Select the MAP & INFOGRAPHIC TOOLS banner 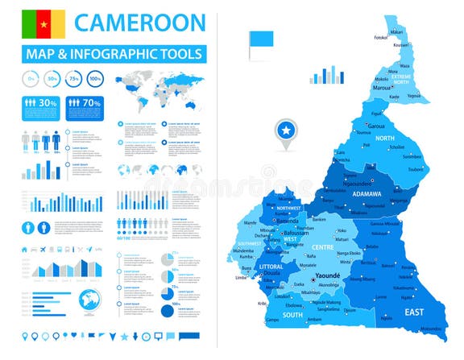click(x=114, y=54)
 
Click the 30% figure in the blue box click(x=48, y=103)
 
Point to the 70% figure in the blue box click(x=90, y=103)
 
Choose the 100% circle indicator click(x=95, y=79)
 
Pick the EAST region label click(x=414, y=312)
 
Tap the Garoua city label click(x=376, y=126)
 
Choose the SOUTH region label click(x=292, y=315)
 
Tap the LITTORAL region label click(x=271, y=265)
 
